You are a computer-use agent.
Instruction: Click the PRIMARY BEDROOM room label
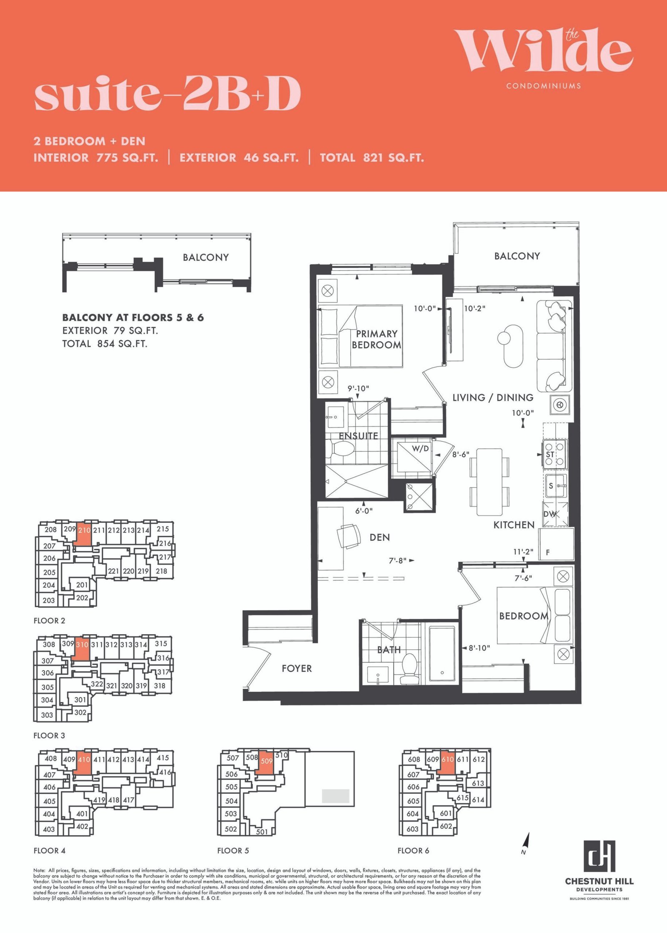point(376,339)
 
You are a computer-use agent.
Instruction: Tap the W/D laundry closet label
point(420,448)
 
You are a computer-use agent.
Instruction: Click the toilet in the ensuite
point(342,449)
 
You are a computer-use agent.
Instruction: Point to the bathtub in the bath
point(442,654)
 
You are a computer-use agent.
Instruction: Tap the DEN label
point(380,538)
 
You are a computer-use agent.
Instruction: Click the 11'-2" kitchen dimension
point(523,552)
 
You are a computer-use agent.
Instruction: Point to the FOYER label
point(296,668)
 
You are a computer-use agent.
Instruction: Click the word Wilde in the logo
point(543,50)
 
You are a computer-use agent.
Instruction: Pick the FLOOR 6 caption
point(413,850)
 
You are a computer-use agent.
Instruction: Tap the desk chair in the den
point(349,536)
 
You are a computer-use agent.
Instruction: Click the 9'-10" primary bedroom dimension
point(359,388)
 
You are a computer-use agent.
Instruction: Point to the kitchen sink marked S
point(555,486)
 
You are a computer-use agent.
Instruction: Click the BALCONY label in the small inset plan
point(206,257)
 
